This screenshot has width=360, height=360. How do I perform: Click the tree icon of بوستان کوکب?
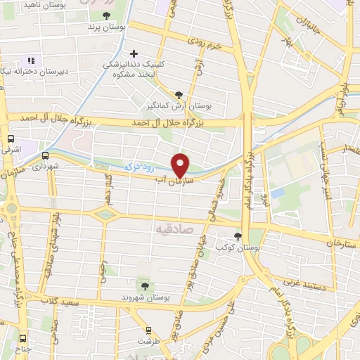[238, 236]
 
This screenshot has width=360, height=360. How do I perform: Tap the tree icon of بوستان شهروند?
[144, 285]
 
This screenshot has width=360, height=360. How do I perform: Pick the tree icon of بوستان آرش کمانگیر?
[179, 95]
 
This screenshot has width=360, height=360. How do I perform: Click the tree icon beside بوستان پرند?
[106, 15]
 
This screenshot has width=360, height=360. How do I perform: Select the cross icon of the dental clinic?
[134, 53]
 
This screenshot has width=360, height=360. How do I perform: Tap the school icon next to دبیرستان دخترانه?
[31, 60]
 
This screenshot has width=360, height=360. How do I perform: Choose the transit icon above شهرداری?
[46, 155]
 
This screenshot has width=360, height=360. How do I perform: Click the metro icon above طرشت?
[148, 329]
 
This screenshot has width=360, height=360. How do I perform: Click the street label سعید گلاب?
[58, 302]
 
